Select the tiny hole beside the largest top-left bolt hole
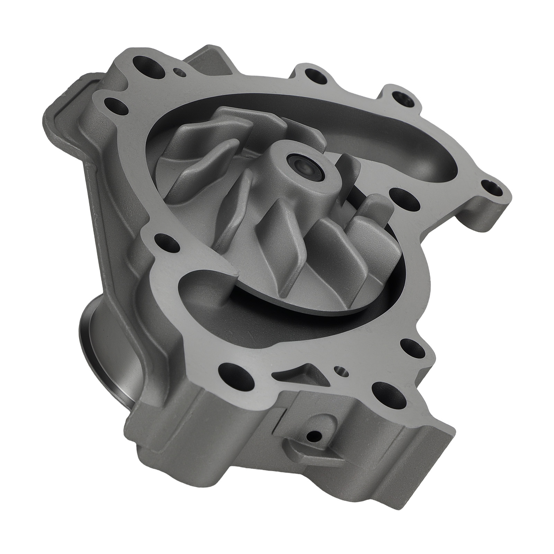(179, 72)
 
